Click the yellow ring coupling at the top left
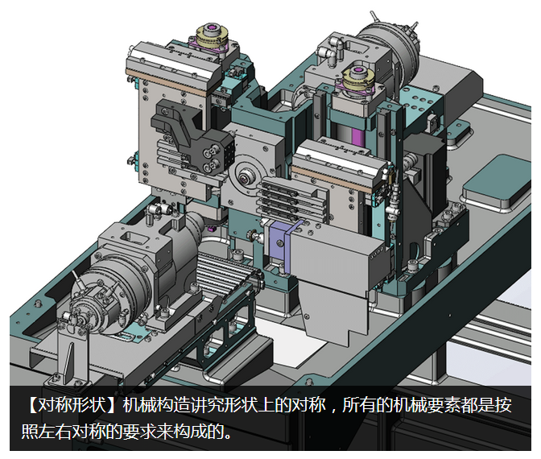click(x=209, y=40)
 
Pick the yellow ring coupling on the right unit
click(x=357, y=83)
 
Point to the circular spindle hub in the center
click(x=246, y=179)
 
